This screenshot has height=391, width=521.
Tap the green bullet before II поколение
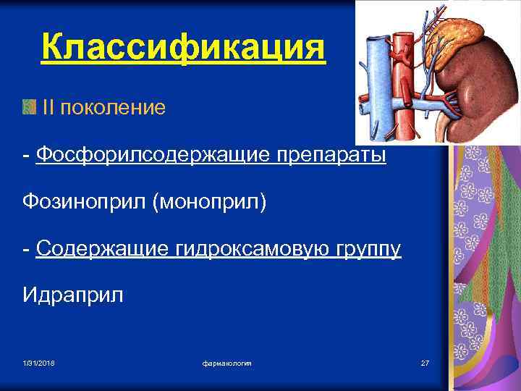(28, 108)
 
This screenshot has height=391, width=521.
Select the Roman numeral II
(48, 108)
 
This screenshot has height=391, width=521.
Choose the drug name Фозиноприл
(84, 202)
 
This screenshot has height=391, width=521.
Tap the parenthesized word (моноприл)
(209, 202)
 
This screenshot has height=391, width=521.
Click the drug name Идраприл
(73, 295)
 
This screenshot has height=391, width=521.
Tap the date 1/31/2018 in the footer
(38, 361)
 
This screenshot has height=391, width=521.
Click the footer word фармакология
(227, 361)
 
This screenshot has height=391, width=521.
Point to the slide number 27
(425, 361)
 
